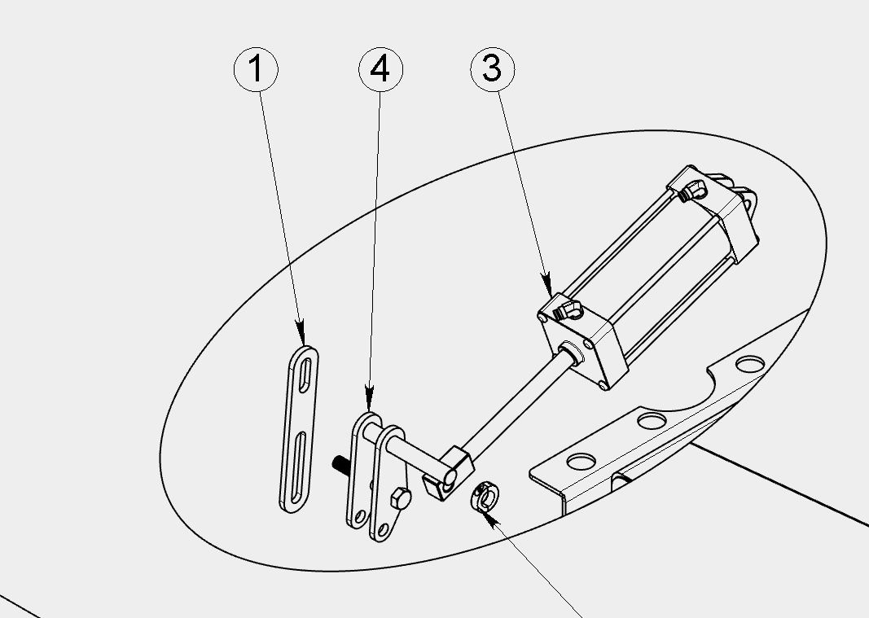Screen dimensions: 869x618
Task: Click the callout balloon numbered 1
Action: [256, 70]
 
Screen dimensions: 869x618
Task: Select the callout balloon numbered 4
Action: [380, 70]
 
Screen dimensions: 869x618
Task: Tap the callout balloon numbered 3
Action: [493, 69]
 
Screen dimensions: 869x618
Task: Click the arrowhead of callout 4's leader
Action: [370, 399]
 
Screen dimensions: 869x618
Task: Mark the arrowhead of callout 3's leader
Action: [546, 284]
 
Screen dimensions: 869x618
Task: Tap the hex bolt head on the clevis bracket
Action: [400, 499]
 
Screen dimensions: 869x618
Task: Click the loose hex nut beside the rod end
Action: [485, 496]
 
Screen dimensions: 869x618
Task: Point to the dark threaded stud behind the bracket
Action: [340, 464]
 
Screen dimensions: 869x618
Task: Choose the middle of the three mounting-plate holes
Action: [652, 420]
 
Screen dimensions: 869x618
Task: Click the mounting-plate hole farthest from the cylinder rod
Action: [750, 364]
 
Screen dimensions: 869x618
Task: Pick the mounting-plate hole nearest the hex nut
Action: [582, 461]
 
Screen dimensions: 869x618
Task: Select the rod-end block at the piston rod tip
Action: [448, 473]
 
